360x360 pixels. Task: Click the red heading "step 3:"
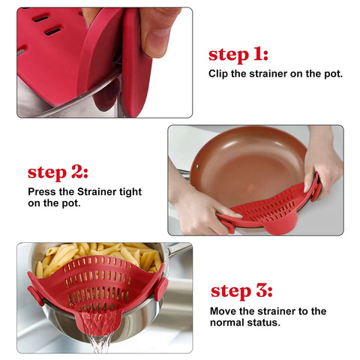coord(239,291)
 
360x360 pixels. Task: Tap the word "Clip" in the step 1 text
coord(219,74)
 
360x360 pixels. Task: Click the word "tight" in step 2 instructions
coord(129,192)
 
